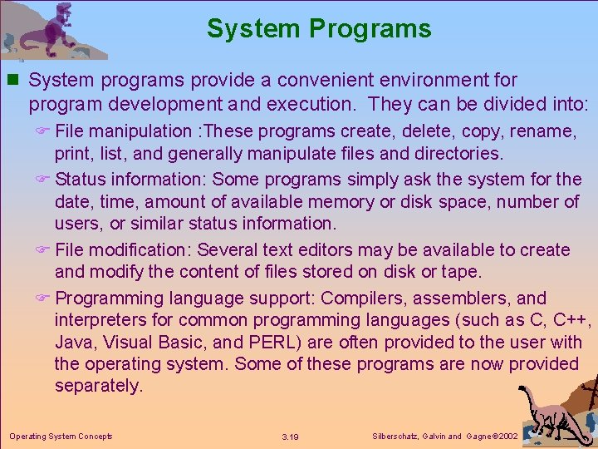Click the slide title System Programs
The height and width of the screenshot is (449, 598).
coord(319,29)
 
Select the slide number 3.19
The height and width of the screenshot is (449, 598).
coord(290,437)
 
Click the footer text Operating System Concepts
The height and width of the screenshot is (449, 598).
coord(61,436)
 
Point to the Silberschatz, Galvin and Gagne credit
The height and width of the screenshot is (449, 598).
coord(444,436)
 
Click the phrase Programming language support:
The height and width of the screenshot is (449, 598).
coord(185,299)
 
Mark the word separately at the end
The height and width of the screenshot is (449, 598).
coord(99,386)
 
